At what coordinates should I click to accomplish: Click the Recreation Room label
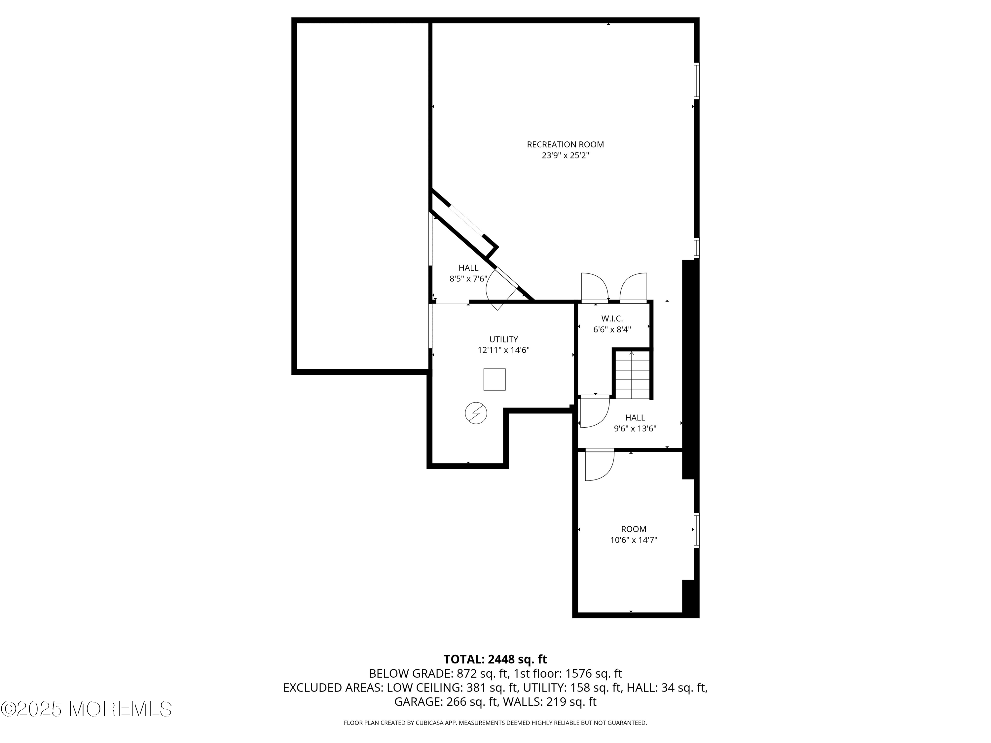pyautogui.click(x=565, y=145)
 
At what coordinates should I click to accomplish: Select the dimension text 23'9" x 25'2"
pyautogui.click(x=565, y=156)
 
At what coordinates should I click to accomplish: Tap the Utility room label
pyautogui.click(x=503, y=339)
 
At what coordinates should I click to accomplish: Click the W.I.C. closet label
pyautogui.click(x=612, y=319)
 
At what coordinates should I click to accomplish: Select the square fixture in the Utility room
pyautogui.click(x=495, y=379)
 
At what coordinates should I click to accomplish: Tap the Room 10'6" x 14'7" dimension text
pyautogui.click(x=634, y=540)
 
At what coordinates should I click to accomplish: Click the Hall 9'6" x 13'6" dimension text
pyautogui.click(x=635, y=429)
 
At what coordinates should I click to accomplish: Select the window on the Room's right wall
pyautogui.click(x=697, y=530)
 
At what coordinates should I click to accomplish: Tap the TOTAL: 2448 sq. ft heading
pyautogui.click(x=495, y=659)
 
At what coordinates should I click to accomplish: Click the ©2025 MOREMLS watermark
pyautogui.click(x=86, y=709)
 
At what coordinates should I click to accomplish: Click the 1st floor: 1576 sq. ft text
pyautogui.click(x=568, y=674)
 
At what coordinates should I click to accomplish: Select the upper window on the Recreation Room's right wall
pyautogui.click(x=697, y=81)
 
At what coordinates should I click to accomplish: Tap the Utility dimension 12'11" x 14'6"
pyautogui.click(x=503, y=350)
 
